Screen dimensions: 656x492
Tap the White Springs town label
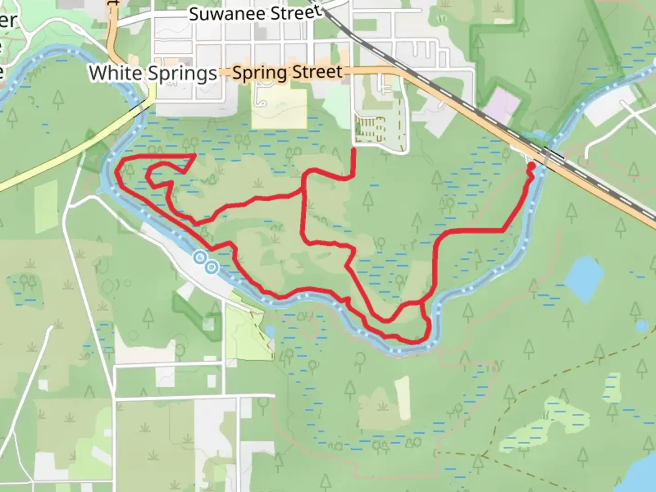point(153,73)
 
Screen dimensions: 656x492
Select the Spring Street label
point(287,72)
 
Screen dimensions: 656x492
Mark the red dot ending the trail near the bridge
point(531,168)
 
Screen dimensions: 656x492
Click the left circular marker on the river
point(200,258)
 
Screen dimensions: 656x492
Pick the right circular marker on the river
point(211,267)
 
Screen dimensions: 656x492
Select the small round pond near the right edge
point(641,325)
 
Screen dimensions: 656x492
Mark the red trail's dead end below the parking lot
point(354,150)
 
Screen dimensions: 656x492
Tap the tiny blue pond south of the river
point(269,329)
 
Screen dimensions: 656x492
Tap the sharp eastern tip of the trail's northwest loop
point(195,155)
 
